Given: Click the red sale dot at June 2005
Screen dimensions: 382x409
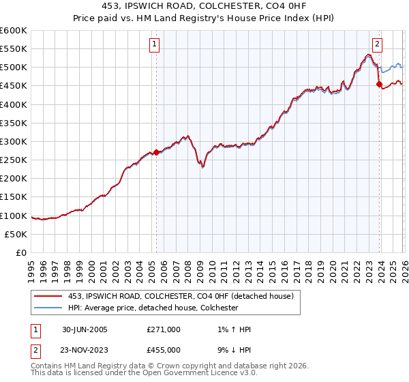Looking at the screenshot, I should tap(156, 152).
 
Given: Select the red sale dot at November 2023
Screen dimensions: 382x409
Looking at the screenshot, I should tap(380, 85).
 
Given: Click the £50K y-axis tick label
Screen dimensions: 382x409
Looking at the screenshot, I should tap(16, 234).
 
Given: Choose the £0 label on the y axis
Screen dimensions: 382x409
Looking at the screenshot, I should tap(22, 252).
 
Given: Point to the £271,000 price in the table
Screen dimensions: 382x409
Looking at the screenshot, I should tap(163, 329).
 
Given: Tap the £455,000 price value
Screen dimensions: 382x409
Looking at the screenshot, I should tap(163, 349).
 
